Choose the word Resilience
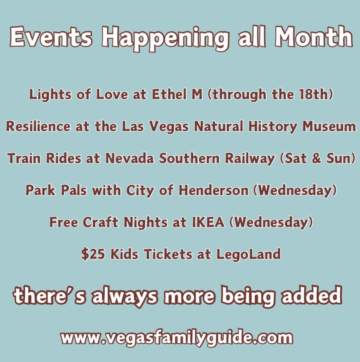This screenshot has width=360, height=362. tap(38, 126)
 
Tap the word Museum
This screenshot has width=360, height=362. tap(329, 126)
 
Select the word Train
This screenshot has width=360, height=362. tap(24, 158)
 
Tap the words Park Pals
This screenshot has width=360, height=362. tap(56, 190)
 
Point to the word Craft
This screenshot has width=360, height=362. tap(101, 222)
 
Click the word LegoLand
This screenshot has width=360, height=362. tap(248, 255)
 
